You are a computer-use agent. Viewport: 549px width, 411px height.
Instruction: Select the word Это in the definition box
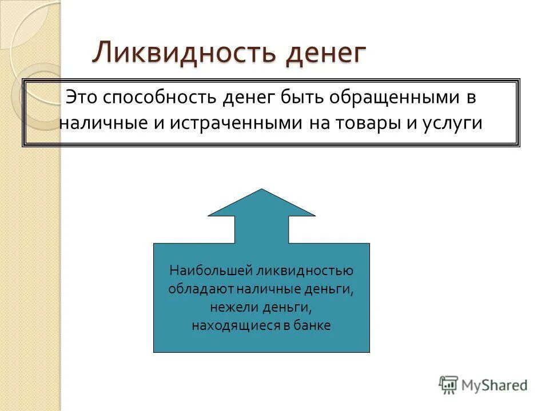coord(82,97)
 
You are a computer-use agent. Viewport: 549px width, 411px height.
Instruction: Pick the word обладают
coord(200,289)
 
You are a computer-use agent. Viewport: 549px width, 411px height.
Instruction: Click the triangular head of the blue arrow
coord(261,204)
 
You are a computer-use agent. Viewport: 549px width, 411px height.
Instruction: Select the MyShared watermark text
coord(494,385)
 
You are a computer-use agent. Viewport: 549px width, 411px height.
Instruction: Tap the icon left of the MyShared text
coord(449,385)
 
